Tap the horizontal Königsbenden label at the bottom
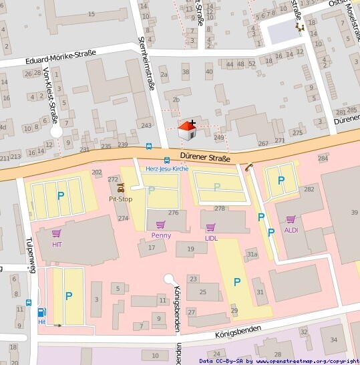click(x=238, y=330)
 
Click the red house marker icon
click(x=188, y=130)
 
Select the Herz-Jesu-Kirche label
click(x=167, y=169)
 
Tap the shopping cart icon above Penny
click(x=160, y=225)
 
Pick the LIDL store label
click(x=211, y=237)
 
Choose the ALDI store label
click(x=291, y=230)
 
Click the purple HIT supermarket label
click(x=56, y=244)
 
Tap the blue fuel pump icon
click(x=42, y=312)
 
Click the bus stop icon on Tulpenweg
click(x=29, y=302)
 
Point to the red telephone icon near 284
click(x=248, y=168)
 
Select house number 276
click(x=173, y=213)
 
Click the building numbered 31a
click(x=252, y=254)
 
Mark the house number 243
click(x=146, y=126)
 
